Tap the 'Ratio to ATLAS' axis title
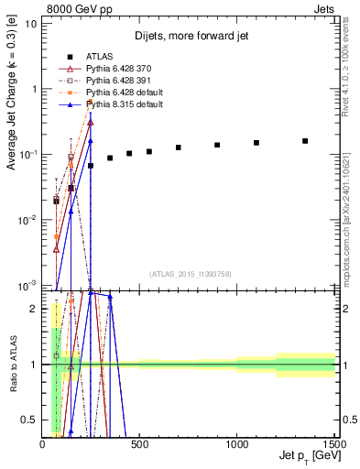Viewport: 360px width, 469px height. (13, 365)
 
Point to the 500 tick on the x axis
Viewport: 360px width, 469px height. (140, 443)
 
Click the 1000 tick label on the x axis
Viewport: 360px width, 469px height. (237, 443)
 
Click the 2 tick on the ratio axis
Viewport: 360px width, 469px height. (33, 309)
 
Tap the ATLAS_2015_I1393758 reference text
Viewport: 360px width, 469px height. (190, 274)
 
